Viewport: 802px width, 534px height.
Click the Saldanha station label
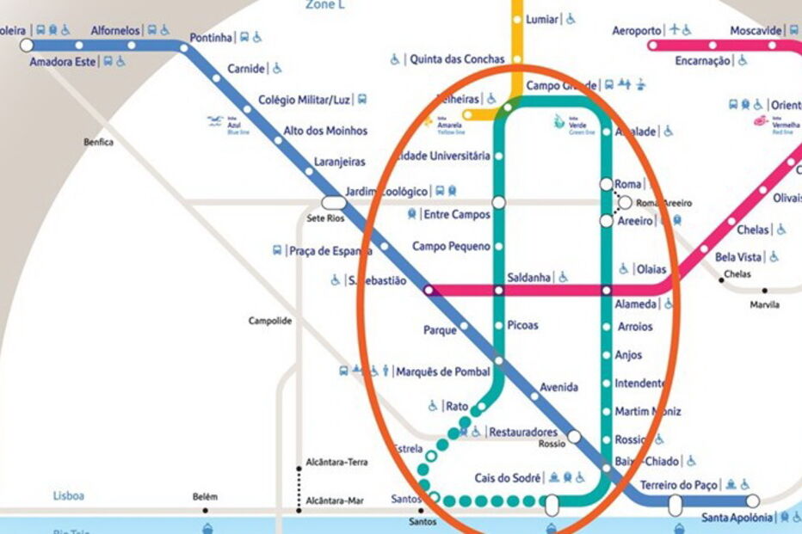(529, 277)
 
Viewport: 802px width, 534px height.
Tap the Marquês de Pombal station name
(442, 371)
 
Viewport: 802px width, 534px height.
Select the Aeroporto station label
(637, 31)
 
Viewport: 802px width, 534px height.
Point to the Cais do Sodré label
(508, 478)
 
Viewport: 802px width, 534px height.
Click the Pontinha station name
(211, 38)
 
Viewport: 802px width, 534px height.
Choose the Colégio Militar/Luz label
(305, 100)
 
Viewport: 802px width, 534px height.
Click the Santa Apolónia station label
(736, 517)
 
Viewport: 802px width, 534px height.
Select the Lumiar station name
(540, 19)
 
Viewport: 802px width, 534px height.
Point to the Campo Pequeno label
(451, 247)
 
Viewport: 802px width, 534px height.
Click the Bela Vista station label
(738, 257)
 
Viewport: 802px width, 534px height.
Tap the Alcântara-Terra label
(337, 463)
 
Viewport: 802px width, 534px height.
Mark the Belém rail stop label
(205, 497)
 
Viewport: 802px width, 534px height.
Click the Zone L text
(325, 5)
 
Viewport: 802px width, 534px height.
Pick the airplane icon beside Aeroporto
(676, 30)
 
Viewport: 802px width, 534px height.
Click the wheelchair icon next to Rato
(433, 406)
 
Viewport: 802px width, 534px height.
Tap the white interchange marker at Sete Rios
(331, 202)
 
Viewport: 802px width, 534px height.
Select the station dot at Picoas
(498, 325)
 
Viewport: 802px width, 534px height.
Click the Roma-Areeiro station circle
(626, 203)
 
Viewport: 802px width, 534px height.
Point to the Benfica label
(98, 143)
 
